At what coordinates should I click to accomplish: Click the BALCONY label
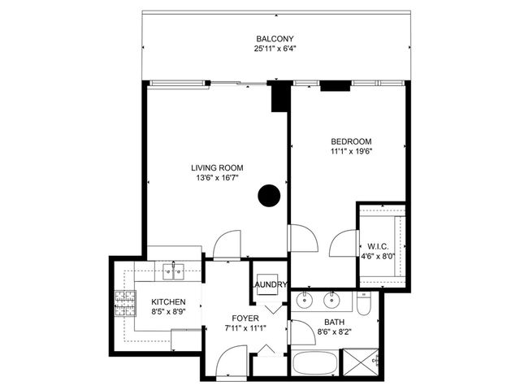point(275,39)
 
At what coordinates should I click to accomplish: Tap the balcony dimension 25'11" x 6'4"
point(275,50)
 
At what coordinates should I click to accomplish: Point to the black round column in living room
point(269,195)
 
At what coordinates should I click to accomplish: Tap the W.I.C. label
point(378,246)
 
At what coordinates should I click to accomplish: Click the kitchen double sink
point(174,271)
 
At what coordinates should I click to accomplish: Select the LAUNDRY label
point(269,284)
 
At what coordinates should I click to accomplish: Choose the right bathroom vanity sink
point(332,301)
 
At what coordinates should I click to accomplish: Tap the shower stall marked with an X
point(362,362)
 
